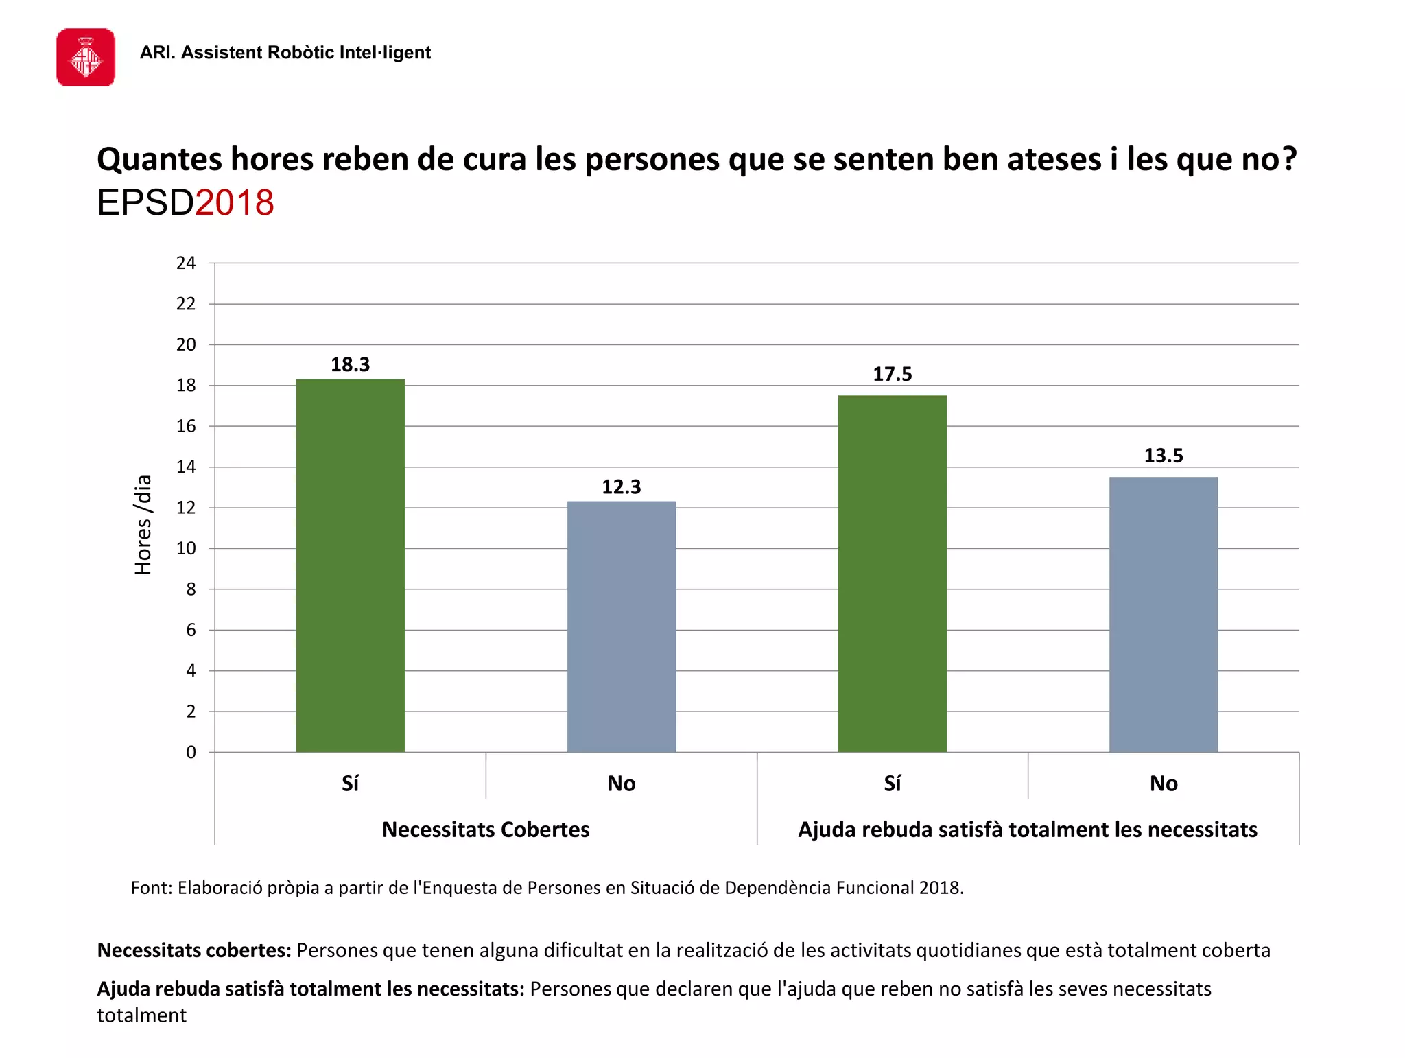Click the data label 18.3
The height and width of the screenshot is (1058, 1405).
point(350,364)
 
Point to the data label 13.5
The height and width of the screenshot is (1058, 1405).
point(1163,456)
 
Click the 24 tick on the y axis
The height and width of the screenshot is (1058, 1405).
point(186,263)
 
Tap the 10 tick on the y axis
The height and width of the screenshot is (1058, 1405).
point(186,548)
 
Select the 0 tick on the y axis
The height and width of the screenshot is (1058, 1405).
point(191,752)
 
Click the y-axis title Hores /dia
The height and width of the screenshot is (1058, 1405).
point(143,524)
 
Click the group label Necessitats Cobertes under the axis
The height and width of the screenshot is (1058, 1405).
point(486,830)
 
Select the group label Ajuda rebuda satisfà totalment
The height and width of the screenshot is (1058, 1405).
point(1027,830)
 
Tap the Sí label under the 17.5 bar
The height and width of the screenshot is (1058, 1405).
point(892,784)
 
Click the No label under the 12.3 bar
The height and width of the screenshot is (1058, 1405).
point(621,784)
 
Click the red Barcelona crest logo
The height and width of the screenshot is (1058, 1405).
point(86,58)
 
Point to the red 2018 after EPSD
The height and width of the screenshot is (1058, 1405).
point(235,203)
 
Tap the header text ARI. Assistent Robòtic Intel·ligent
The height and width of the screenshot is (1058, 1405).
point(285,53)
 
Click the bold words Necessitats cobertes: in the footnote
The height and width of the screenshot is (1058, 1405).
point(194,950)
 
